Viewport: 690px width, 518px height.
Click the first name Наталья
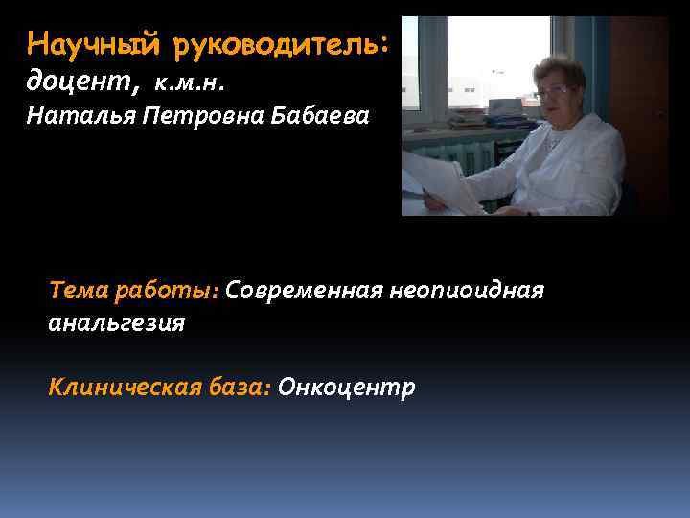pyautogui.click(x=71, y=117)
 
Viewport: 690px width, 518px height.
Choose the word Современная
pyautogui.click(x=305, y=291)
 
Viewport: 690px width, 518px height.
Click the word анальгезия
pyautogui.click(x=116, y=322)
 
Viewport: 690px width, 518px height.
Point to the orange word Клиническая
pyautogui.click(x=122, y=387)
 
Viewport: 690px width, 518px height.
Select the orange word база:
pyautogui.click(x=237, y=387)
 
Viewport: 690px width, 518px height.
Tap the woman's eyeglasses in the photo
pyautogui.click(x=553, y=91)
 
